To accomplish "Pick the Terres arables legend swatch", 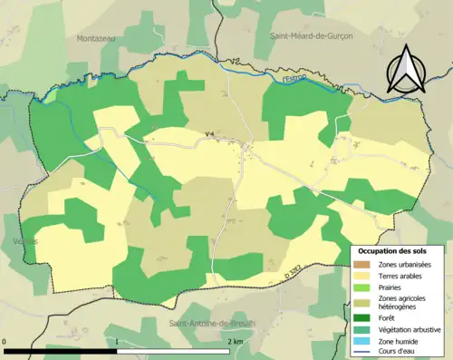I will point(361,275).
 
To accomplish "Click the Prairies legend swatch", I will point(361,287).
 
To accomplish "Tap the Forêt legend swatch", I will point(361,318).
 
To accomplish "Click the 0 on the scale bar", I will point(6,341).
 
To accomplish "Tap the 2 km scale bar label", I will point(234,341).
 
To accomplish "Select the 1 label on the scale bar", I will point(118,341).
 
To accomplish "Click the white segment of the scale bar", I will point(175,350).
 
